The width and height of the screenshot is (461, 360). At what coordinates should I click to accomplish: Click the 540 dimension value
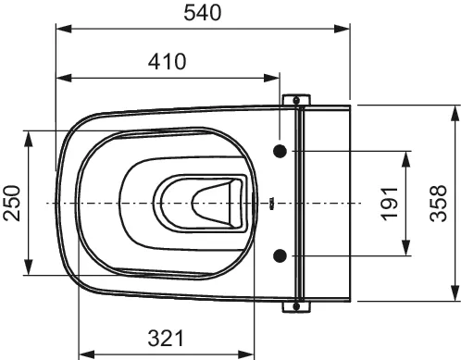tap(203, 13)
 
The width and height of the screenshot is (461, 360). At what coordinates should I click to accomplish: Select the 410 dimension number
tap(167, 61)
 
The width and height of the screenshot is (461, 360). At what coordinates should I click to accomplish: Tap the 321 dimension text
tap(166, 338)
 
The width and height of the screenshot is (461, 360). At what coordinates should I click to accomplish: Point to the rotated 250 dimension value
tap(12, 203)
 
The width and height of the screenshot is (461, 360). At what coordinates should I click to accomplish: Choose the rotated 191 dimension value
tap(390, 204)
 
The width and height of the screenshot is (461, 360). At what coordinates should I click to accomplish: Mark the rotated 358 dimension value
tap(439, 203)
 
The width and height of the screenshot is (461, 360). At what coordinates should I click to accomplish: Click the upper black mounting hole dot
tap(280, 151)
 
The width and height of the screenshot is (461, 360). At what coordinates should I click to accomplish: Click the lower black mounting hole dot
tap(280, 255)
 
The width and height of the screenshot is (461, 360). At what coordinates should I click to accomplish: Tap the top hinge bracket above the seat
tap(296, 99)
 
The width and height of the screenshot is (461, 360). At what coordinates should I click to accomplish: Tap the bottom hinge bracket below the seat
tap(296, 307)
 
